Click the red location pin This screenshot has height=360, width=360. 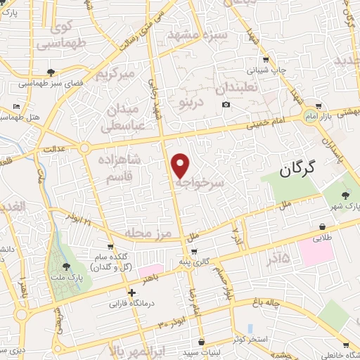(181, 165)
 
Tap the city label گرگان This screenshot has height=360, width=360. (299, 169)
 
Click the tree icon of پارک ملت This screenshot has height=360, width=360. (65, 266)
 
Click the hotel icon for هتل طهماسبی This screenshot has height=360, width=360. (17, 106)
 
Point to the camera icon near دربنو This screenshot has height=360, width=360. (226, 105)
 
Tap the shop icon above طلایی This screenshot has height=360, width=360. (323, 227)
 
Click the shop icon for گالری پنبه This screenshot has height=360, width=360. (194, 251)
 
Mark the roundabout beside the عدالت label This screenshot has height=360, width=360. (84, 148)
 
